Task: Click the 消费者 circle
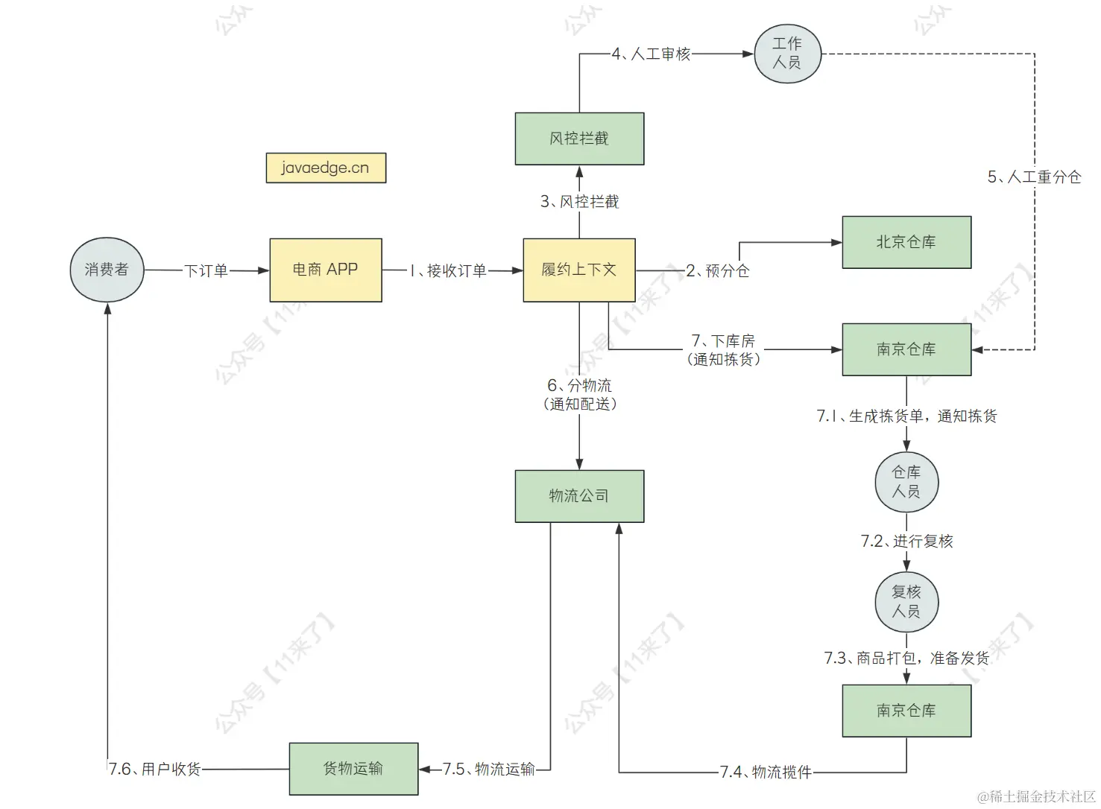[x=107, y=270]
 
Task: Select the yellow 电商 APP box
[x=326, y=270]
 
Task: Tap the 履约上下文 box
[x=579, y=270]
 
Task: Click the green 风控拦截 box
[x=579, y=139]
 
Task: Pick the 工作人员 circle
[x=787, y=54]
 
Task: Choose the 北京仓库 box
[x=906, y=242]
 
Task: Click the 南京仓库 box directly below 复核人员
[x=906, y=711]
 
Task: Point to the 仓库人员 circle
[x=906, y=482]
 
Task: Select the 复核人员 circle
[x=906, y=602]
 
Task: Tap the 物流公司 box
[x=579, y=496]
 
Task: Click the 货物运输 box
[x=353, y=769]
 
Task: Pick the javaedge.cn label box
[x=326, y=168]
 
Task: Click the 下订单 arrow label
[x=206, y=270]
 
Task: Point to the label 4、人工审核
[x=651, y=54]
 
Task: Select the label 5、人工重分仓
[x=1034, y=177]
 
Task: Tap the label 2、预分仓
[x=717, y=270]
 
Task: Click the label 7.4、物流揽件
[x=766, y=772]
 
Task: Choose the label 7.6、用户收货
[x=155, y=769]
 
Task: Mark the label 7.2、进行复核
[x=906, y=542]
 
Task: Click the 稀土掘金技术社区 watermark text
[x=1036, y=796]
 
